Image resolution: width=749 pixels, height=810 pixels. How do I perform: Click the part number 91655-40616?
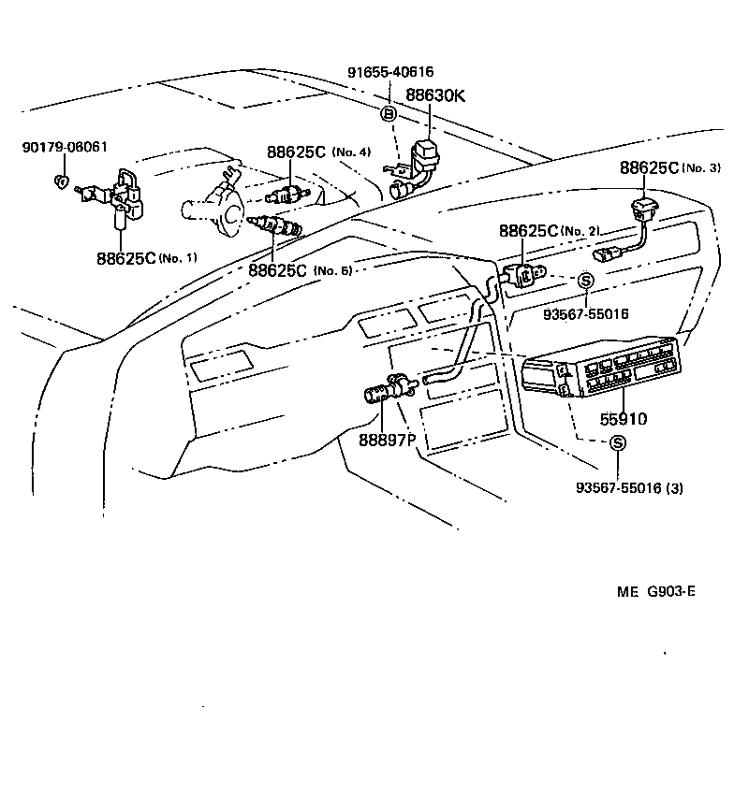point(390,72)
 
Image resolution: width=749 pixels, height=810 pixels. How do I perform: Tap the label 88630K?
point(434,94)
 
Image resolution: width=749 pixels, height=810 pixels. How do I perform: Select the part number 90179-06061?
point(65,147)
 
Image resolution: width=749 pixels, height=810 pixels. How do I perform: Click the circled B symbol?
point(388,114)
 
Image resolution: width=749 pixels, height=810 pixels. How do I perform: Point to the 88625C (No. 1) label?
point(146,257)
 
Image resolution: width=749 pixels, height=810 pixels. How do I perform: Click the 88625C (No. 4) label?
point(318,152)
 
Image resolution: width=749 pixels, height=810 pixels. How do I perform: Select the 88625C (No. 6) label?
point(300,270)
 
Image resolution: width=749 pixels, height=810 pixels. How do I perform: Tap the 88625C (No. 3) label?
point(669,168)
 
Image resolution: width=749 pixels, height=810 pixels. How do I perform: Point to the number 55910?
point(616,419)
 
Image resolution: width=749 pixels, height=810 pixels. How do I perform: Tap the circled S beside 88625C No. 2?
point(585,280)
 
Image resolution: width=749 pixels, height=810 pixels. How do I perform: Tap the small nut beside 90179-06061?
point(60,180)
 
